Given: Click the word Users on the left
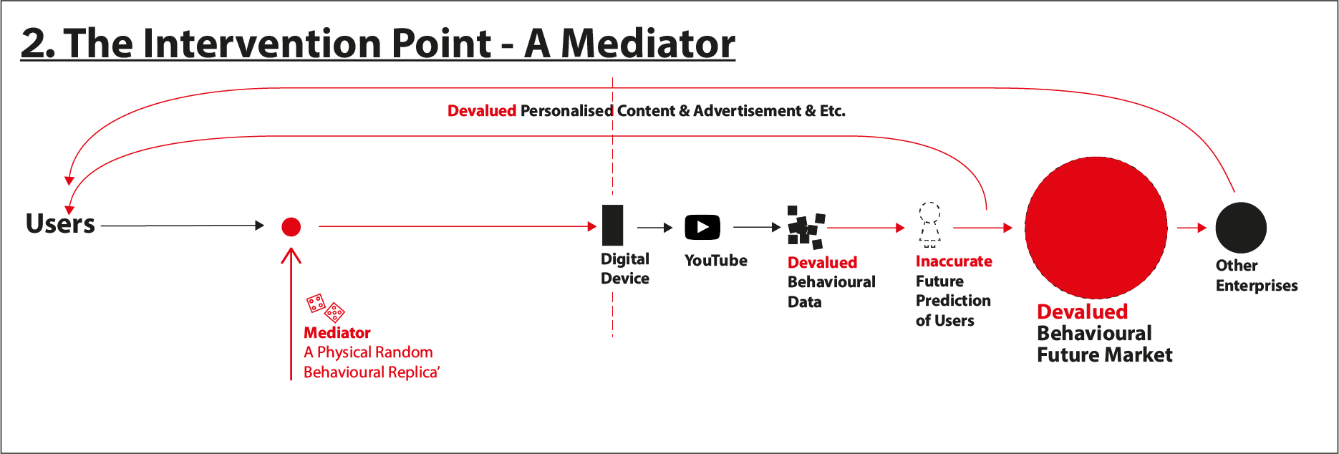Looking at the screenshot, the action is tap(60, 223).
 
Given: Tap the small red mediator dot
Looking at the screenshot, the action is tap(291, 227).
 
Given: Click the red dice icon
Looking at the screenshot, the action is tap(326, 308).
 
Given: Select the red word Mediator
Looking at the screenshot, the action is tap(337, 333).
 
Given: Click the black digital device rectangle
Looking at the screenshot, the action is tap(612, 225).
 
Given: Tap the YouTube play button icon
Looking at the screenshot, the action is tap(702, 228).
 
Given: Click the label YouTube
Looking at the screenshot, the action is tap(715, 261).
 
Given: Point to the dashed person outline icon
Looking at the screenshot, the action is tap(929, 225).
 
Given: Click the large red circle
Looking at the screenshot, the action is tap(1096, 228).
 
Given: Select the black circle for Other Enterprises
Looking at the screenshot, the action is tap(1241, 228).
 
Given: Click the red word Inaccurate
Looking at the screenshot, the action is tap(954, 261).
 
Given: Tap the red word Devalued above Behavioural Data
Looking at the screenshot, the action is tap(822, 263).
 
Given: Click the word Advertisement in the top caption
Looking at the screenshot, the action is tap(747, 111).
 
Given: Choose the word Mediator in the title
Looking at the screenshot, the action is tap(648, 44).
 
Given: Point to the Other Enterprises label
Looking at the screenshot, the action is tap(1257, 276).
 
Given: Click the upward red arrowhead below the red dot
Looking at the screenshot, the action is tap(291, 256).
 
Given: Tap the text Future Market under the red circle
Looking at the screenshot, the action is tap(1105, 355).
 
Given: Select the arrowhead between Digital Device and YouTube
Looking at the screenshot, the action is tap(668, 228).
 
